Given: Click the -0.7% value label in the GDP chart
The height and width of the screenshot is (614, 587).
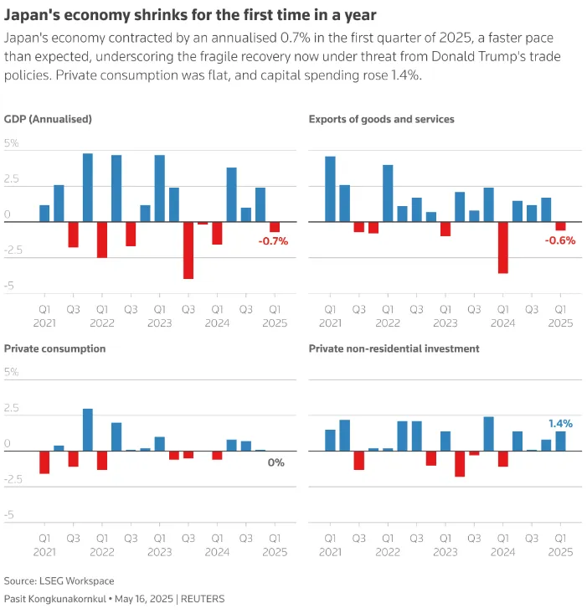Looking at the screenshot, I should click(273, 241).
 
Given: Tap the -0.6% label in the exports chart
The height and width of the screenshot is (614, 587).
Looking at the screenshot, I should click(560, 241).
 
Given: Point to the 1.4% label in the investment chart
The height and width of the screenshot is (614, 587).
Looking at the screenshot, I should click(560, 424).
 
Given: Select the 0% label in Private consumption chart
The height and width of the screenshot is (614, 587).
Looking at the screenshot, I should click(276, 462).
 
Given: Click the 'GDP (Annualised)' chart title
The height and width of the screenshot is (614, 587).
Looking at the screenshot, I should click(48, 119).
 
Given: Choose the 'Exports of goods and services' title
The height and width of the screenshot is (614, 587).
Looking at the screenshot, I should click(381, 119).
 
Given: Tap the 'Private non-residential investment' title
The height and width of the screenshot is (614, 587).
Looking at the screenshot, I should click(394, 348).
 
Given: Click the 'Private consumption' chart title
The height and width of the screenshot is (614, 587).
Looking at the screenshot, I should click(55, 348).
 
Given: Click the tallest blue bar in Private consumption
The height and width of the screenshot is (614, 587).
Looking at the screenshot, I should click(88, 430).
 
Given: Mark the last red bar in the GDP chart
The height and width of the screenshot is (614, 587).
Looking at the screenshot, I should click(275, 227).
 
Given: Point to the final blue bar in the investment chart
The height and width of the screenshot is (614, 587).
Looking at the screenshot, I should click(560, 441).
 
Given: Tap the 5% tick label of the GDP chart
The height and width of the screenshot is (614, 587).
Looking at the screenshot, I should click(12, 144).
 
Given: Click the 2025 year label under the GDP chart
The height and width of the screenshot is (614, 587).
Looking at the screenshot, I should click(275, 321).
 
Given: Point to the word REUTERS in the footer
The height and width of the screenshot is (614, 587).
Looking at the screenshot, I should click(203, 599).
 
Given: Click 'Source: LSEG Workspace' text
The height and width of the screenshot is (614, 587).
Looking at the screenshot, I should click(59, 580).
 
